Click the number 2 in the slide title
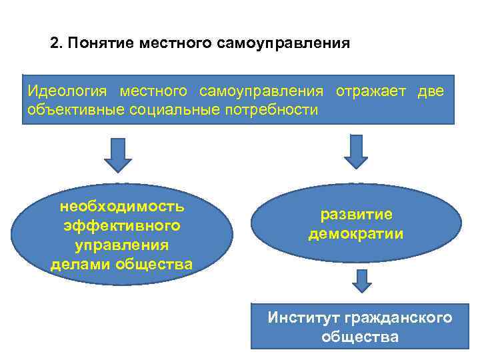[x=55, y=44]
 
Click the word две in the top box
[x=430, y=91]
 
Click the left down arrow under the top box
[x=118, y=155]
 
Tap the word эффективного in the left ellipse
[x=122, y=226]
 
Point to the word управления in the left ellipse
[x=122, y=245]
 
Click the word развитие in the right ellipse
[x=357, y=215]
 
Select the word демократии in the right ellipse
[x=356, y=234]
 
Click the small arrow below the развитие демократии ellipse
[x=361, y=281]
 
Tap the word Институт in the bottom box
[x=302, y=317]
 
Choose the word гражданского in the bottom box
[x=405, y=317]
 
